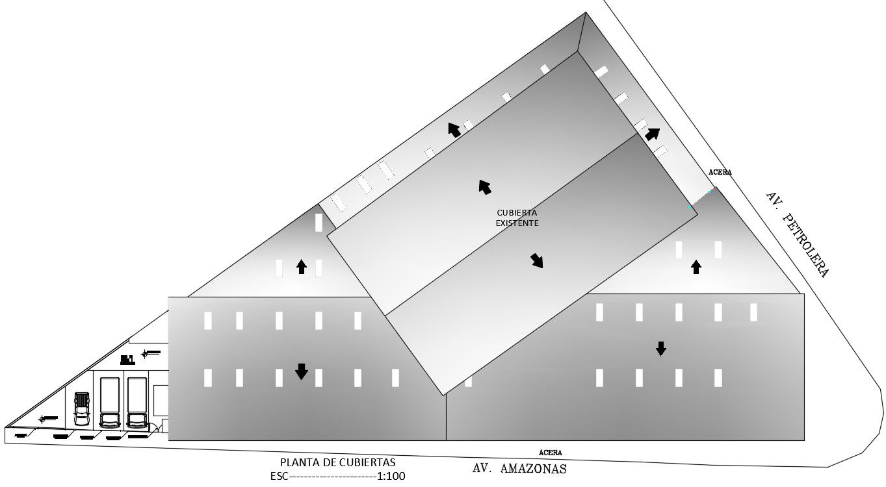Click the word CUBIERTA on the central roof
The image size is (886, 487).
pyautogui.click(x=517, y=212)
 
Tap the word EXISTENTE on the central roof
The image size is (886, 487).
pyautogui.click(x=517, y=223)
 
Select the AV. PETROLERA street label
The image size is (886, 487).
pyautogui.click(x=797, y=234)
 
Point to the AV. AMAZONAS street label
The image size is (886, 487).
pyautogui.click(x=519, y=468)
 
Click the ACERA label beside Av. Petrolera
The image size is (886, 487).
pyautogui.click(x=720, y=173)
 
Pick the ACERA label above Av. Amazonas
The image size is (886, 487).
pyautogui.click(x=550, y=453)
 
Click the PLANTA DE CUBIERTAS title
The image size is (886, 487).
pyautogui.click(x=337, y=462)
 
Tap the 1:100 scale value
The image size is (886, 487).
pyautogui.click(x=391, y=476)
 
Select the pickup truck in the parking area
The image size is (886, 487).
pyautogui.click(x=82, y=408)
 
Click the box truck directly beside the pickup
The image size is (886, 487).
pyautogui.click(x=110, y=403)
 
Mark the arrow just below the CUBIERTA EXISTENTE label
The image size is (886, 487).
pyautogui.click(x=537, y=260)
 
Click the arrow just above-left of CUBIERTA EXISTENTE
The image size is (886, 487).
pyautogui.click(x=484, y=186)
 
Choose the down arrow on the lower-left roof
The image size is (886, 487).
pyautogui.click(x=301, y=371)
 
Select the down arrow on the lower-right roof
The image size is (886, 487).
pyautogui.click(x=660, y=349)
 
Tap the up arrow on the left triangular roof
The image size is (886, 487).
pyautogui.click(x=301, y=266)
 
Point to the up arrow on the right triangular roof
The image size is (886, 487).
pyautogui.click(x=696, y=266)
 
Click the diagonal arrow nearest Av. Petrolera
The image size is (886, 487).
pyautogui.click(x=652, y=134)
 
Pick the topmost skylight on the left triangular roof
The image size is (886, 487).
pyautogui.click(x=319, y=222)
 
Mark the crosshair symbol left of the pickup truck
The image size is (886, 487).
pyautogui.click(x=43, y=419)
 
